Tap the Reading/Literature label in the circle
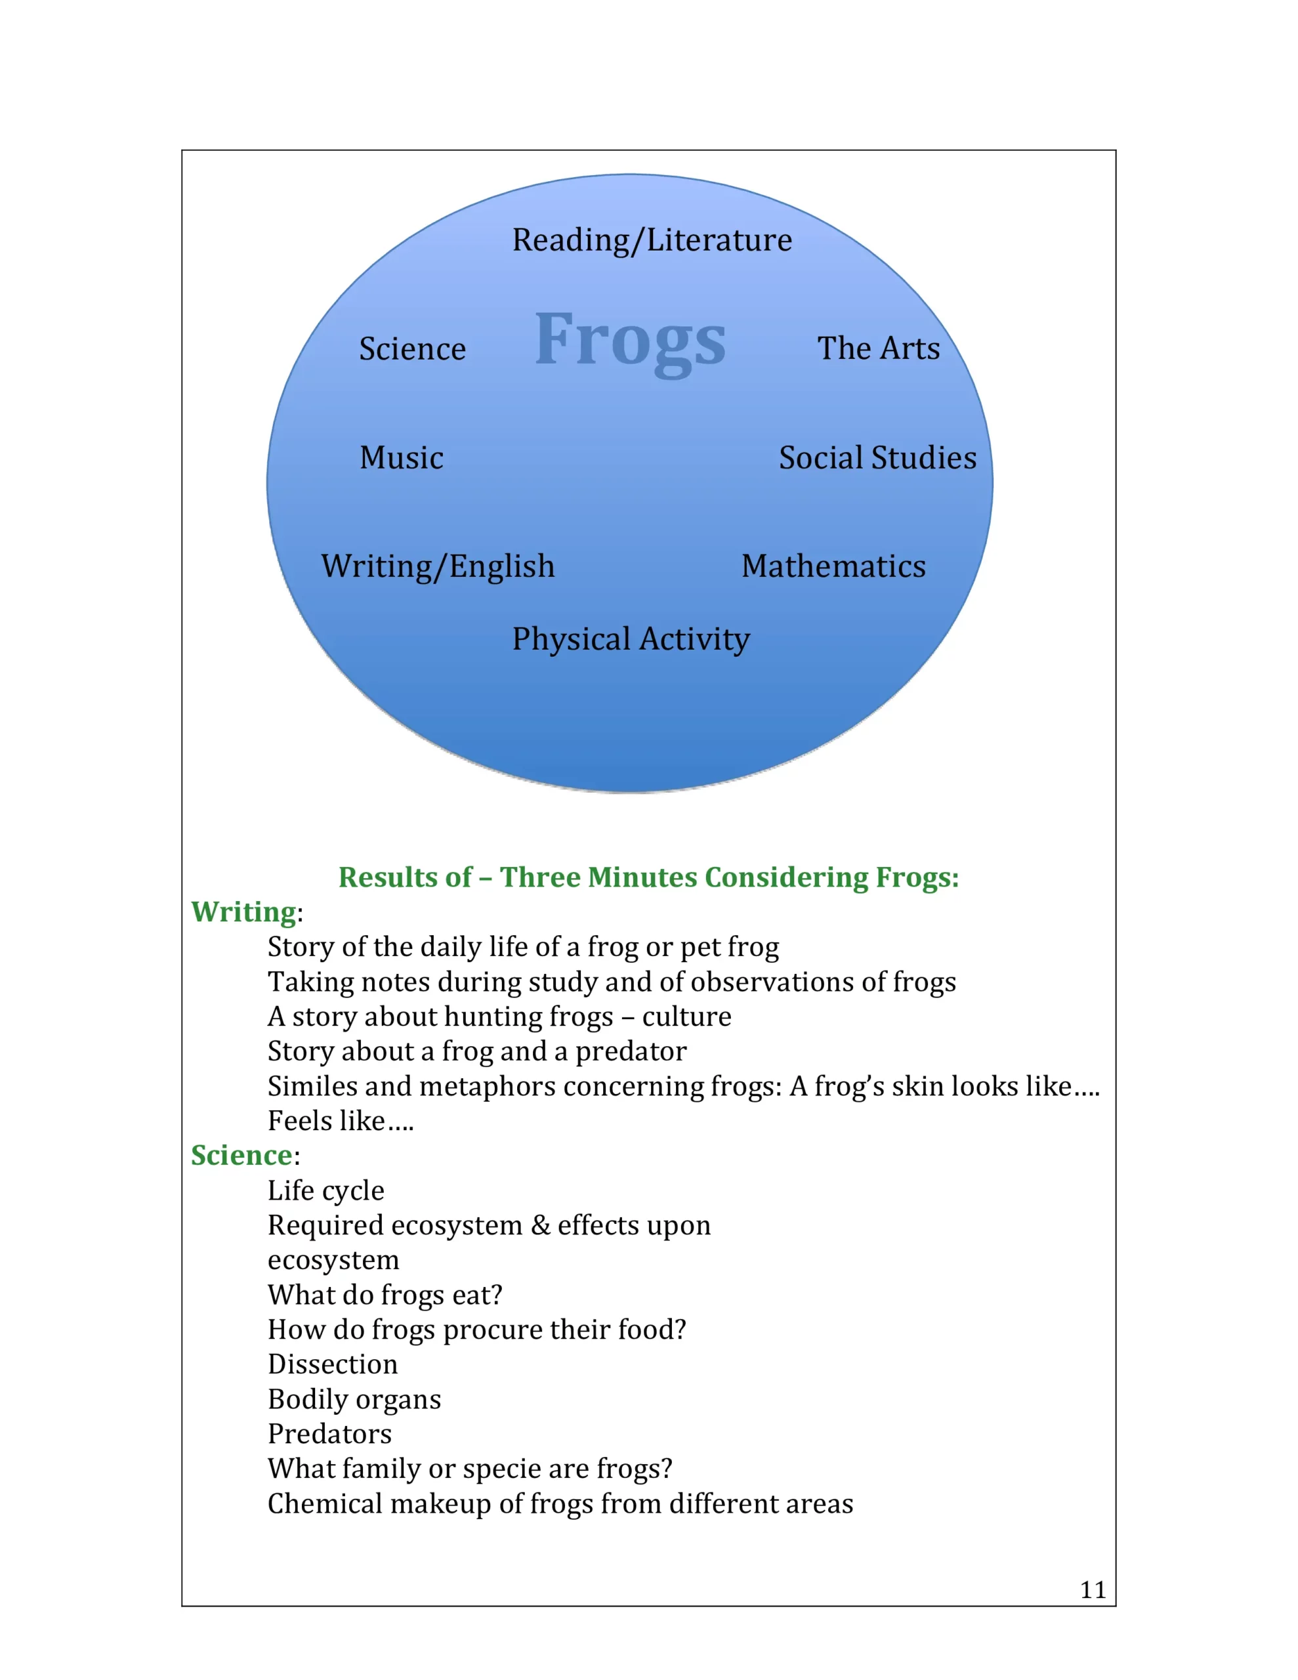coord(652,240)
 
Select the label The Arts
coord(879,348)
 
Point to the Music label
coord(402,457)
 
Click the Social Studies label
coord(878,457)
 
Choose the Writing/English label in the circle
coord(438,567)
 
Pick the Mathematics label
coord(834,566)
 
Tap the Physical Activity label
coord(631,639)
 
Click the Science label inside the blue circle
coord(412,348)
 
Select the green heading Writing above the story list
coord(243,912)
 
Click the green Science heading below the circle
coord(241,1156)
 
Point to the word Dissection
coord(333,1364)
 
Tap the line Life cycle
coord(325,1191)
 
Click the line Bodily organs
coord(354,1399)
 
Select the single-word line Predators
coord(329,1434)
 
